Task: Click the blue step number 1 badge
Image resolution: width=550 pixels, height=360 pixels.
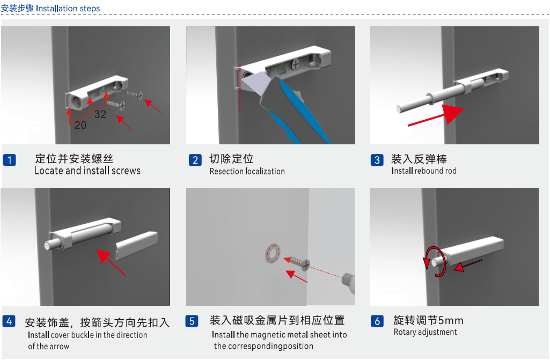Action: click(10, 160)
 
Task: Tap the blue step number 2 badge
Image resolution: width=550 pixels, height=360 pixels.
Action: click(195, 160)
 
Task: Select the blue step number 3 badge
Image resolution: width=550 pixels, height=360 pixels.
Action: click(377, 160)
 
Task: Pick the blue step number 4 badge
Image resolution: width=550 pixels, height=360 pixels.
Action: click(9, 321)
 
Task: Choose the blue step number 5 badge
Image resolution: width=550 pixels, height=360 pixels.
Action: click(192, 321)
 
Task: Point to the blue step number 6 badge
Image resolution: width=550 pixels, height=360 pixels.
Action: click(377, 321)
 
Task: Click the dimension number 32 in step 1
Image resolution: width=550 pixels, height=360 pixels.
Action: click(100, 114)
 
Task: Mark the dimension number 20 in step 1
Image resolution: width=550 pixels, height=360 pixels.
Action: click(80, 125)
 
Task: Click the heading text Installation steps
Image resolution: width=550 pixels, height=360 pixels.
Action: click(68, 9)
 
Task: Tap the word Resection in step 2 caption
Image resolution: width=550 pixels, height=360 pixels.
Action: click(226, 171)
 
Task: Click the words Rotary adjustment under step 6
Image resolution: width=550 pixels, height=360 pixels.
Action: click(425, 332)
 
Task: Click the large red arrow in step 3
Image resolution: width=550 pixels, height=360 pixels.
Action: click(436, 115)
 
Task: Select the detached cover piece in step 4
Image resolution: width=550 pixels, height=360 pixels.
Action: click(137, 245)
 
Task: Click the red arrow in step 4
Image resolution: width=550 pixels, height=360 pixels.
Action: click(111, 262)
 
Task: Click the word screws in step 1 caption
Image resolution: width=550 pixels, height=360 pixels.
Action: click(126, 171)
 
